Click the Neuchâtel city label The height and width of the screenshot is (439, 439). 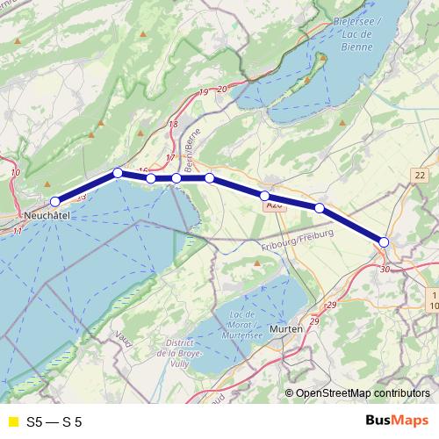(46, 215)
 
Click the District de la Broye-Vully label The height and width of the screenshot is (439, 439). (172, 353)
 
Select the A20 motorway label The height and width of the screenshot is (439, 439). (273, 205)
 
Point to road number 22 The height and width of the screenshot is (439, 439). (419, 176)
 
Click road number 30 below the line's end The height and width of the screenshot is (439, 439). (385, 269)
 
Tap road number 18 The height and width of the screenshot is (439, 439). (173, 125)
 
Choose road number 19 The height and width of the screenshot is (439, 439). (204, 92)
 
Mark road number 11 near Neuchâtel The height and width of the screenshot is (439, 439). (18, 231)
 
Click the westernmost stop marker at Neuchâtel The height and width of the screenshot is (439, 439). (54, 202)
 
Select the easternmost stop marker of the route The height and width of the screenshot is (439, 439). (384, 241)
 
